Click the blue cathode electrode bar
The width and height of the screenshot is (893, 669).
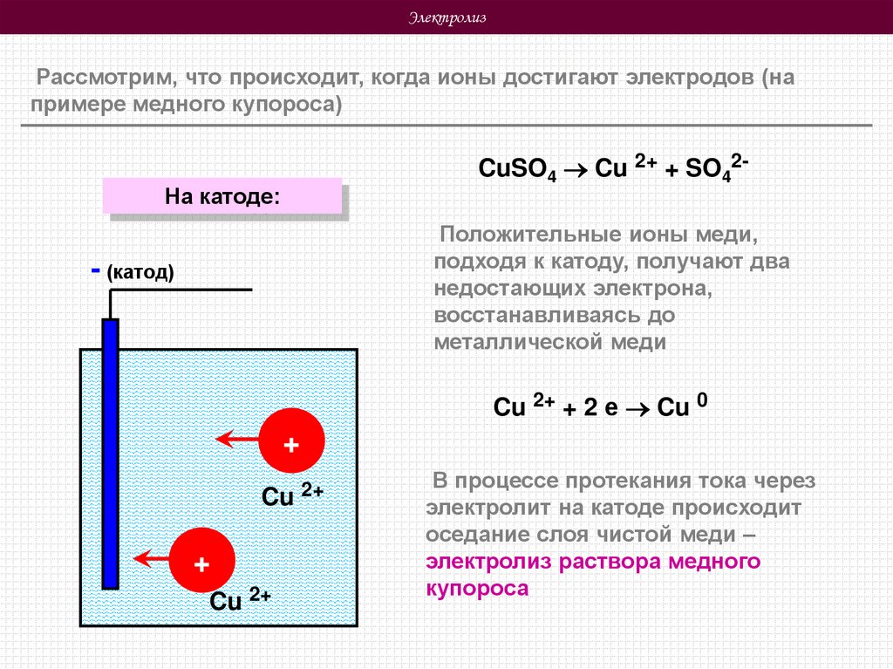coord(110,454)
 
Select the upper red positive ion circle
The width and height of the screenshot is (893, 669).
coord(291,444)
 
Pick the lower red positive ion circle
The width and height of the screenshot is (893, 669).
coord(201,563)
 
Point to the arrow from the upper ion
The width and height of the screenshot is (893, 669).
coord(237,439)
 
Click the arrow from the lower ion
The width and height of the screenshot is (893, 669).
coord(150,556)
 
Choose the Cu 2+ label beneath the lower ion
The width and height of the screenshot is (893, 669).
coord(240,600)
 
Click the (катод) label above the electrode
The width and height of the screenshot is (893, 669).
coord(141,273)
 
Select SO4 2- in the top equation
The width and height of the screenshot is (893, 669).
coord(714,167)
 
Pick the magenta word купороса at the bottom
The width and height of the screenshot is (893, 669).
coord(477,589)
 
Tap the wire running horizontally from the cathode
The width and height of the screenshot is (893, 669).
coord(183,289)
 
